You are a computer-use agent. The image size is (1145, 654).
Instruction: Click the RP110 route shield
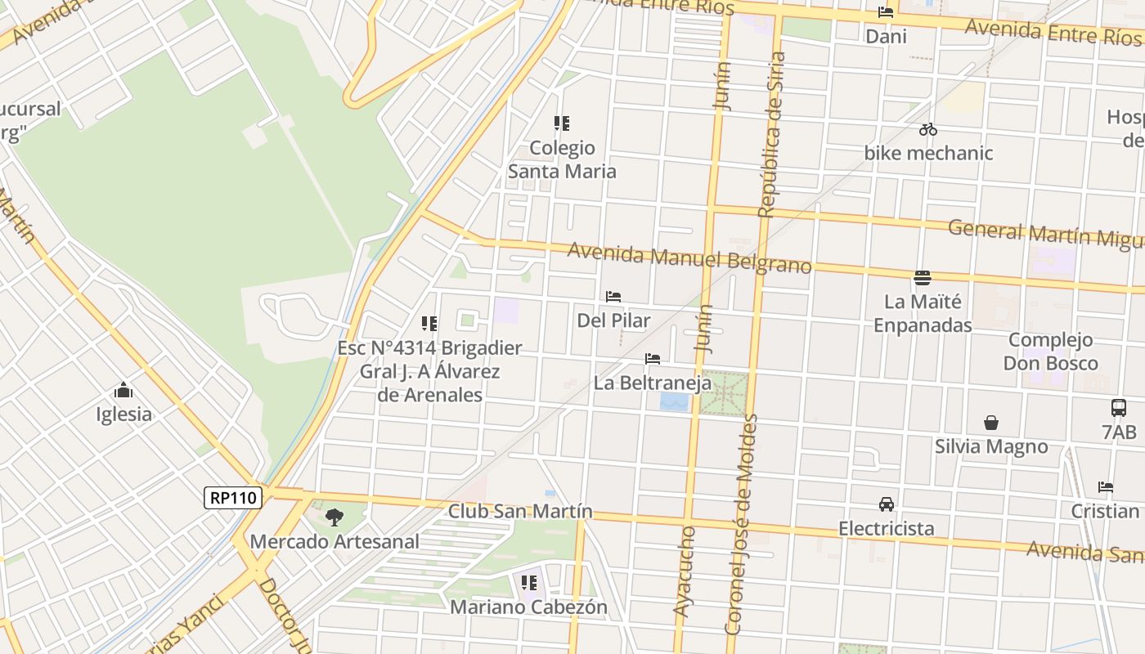click(233, 497)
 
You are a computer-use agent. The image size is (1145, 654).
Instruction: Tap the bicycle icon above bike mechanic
click(927, 129)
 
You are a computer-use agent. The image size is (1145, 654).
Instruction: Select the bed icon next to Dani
click(886, 12)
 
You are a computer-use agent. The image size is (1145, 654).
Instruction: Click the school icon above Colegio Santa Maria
click(561, 123)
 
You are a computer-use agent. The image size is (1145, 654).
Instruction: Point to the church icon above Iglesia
click(123, 389)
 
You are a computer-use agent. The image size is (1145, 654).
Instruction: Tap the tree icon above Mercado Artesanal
click(334, 517)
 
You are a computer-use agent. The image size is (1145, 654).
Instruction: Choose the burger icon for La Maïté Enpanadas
click(923, 278)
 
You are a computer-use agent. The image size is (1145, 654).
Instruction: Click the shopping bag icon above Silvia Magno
click(991, 423)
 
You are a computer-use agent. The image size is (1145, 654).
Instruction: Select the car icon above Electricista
click(886, 504)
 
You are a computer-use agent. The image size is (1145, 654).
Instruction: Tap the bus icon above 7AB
click(1118, 407)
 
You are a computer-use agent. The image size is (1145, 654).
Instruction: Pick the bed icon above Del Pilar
click(613, 296)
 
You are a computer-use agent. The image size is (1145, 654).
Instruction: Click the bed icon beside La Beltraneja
click(652, 359)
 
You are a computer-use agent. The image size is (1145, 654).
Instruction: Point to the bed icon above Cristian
click(1106, 487)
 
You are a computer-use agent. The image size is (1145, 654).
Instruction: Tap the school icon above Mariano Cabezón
click(528, 583)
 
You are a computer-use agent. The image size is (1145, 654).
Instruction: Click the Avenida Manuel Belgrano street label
click(689, 258)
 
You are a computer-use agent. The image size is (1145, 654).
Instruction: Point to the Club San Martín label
click(520, 511)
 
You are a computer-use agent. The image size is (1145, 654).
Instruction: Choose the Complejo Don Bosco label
click(1050, 352)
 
